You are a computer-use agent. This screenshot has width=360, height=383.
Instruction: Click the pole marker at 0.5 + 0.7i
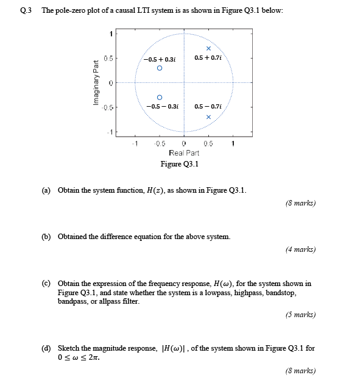[208, 49]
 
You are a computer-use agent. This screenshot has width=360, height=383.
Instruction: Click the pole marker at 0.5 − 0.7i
[208, 116]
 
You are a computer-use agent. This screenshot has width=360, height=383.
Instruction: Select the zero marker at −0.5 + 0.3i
[160, 69]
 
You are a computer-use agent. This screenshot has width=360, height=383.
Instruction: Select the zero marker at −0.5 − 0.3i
[160, 96]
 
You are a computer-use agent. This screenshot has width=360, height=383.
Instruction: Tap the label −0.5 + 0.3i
[160, 59]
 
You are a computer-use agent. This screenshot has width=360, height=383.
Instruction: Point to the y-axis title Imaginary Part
[96, 83]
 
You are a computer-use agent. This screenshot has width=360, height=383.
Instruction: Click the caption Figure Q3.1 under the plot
[180, 163]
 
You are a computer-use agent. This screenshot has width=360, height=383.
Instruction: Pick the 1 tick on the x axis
[233, 144]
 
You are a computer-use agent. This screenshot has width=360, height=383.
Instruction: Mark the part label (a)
[46, 190]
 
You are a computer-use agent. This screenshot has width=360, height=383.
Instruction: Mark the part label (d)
[46, 346]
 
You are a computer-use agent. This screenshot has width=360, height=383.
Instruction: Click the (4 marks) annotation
[300, 249]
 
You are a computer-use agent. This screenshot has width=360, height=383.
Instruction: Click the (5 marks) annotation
[300, 315]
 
